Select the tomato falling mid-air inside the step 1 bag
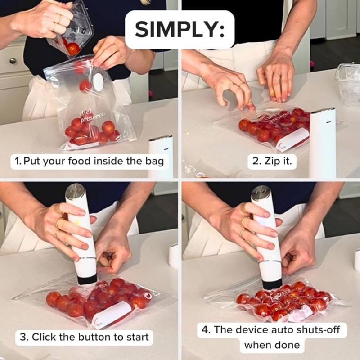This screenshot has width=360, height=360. click(85, 85)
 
